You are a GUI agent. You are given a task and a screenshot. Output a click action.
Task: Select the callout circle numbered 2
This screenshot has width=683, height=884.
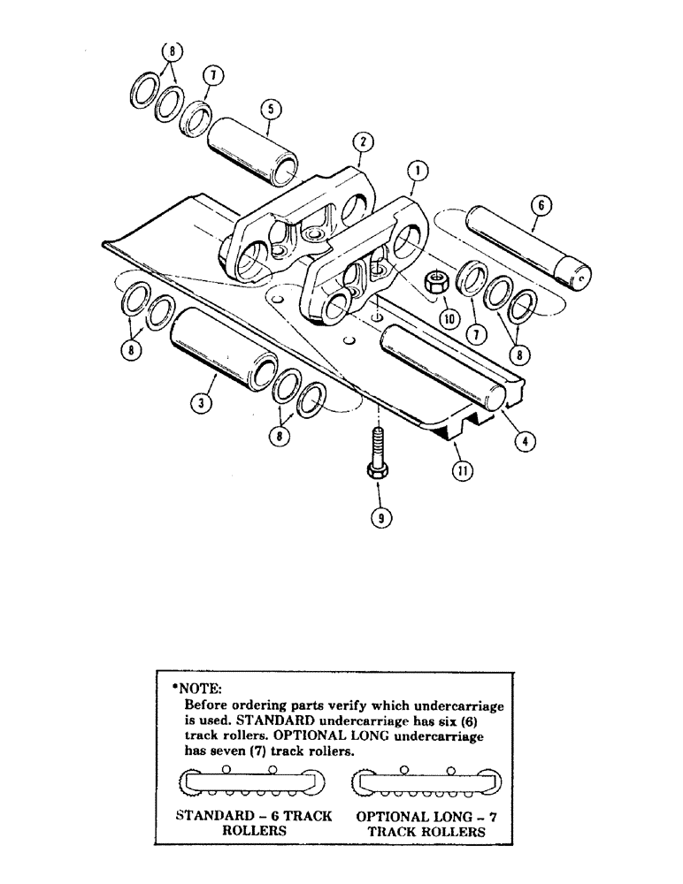tap(360, 141)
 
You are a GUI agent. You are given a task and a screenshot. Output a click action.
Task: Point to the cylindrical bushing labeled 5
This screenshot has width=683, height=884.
tap(243, 148)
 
